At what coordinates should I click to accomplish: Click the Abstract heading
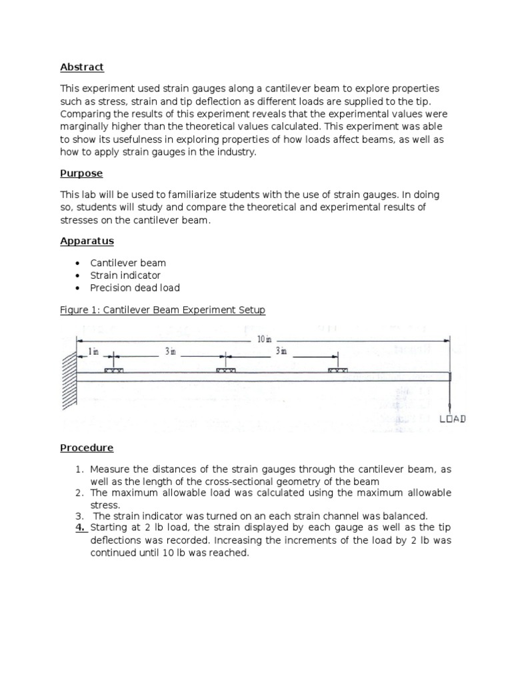[82, 67]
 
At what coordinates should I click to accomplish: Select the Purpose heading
[81, 173]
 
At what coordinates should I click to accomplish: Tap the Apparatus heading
[87, 241]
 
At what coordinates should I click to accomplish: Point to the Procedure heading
[87, 448]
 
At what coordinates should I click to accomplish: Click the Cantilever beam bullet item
[128, 263]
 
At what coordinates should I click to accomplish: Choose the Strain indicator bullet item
[125, 275]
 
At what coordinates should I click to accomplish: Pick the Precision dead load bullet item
[135, 288]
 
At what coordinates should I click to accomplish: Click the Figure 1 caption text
[163, 310]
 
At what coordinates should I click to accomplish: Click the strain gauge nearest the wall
[113, 369]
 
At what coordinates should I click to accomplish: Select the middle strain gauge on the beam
[226, 369]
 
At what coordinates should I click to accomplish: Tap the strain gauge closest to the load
[337, 369]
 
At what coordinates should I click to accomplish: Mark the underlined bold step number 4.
[80, 528]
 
